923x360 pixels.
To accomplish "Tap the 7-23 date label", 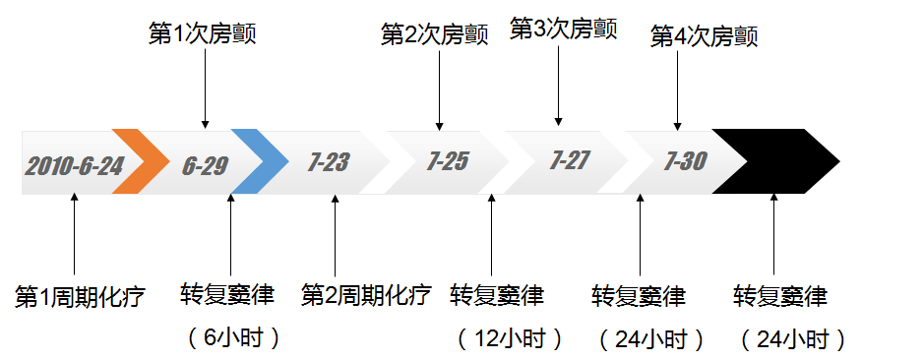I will (x=329, y=162).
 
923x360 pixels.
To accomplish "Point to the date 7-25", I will (x=448, y=161).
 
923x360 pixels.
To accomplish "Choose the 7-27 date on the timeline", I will (x=571, y=160).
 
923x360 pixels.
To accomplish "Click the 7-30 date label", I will (x=686, y=160).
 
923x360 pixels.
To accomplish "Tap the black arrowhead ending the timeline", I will (x=777, y=160).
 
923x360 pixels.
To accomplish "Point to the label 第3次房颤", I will (x=563, y=29).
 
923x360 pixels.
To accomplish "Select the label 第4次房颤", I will (x=705, y=36).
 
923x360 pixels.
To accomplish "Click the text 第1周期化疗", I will (x=80, y=296).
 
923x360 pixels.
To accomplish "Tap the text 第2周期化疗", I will (x=366, y=294).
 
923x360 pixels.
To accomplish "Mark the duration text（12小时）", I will (x=510, y=338).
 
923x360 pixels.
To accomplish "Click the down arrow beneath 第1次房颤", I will (x=205, y=89).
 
